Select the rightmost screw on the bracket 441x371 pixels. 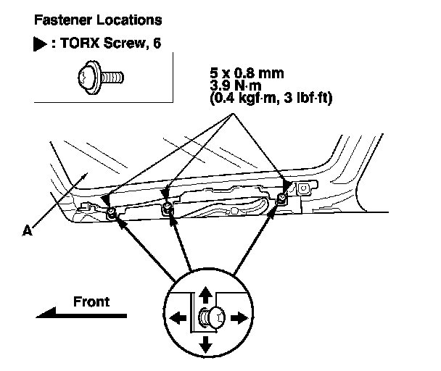pyautogui.click(x=281, y=199)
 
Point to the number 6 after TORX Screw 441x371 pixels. pyautogui.click(x=156, y=43)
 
